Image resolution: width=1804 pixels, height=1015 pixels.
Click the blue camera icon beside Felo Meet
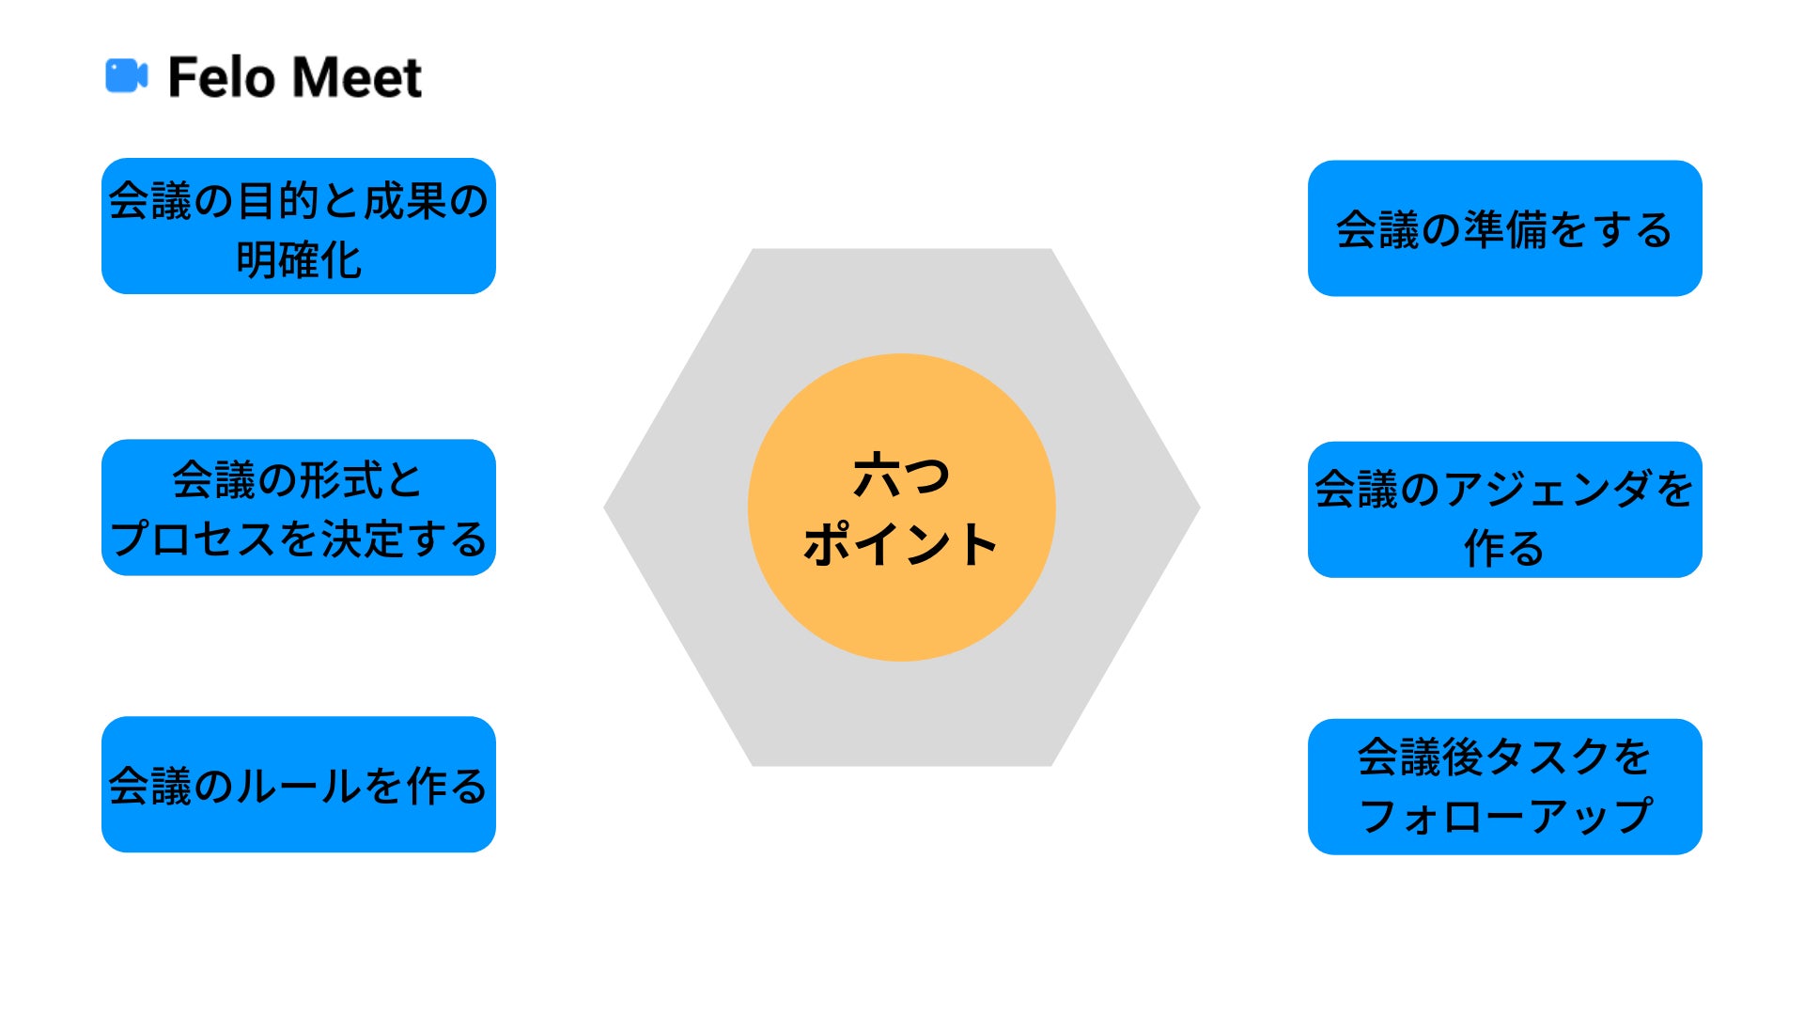coord(126,76)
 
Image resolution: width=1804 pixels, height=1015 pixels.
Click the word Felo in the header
coord(223,77)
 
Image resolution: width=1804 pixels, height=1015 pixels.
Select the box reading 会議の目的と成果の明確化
coord(298,226)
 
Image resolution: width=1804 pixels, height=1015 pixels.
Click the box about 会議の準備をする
coord(1504,228)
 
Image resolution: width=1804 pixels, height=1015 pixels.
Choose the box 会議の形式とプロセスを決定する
coord(298,507)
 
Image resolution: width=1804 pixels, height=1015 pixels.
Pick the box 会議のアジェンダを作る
coord(1504,509)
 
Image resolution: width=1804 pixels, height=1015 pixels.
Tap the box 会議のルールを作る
coord(298,785)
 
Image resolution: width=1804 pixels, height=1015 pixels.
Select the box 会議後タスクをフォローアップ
coord(1504,787)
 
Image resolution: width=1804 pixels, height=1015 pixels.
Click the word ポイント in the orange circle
coord(901,544)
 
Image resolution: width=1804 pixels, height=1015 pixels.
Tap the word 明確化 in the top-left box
coord(298,260)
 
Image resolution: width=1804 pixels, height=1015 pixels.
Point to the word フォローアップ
coord(1504,816)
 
